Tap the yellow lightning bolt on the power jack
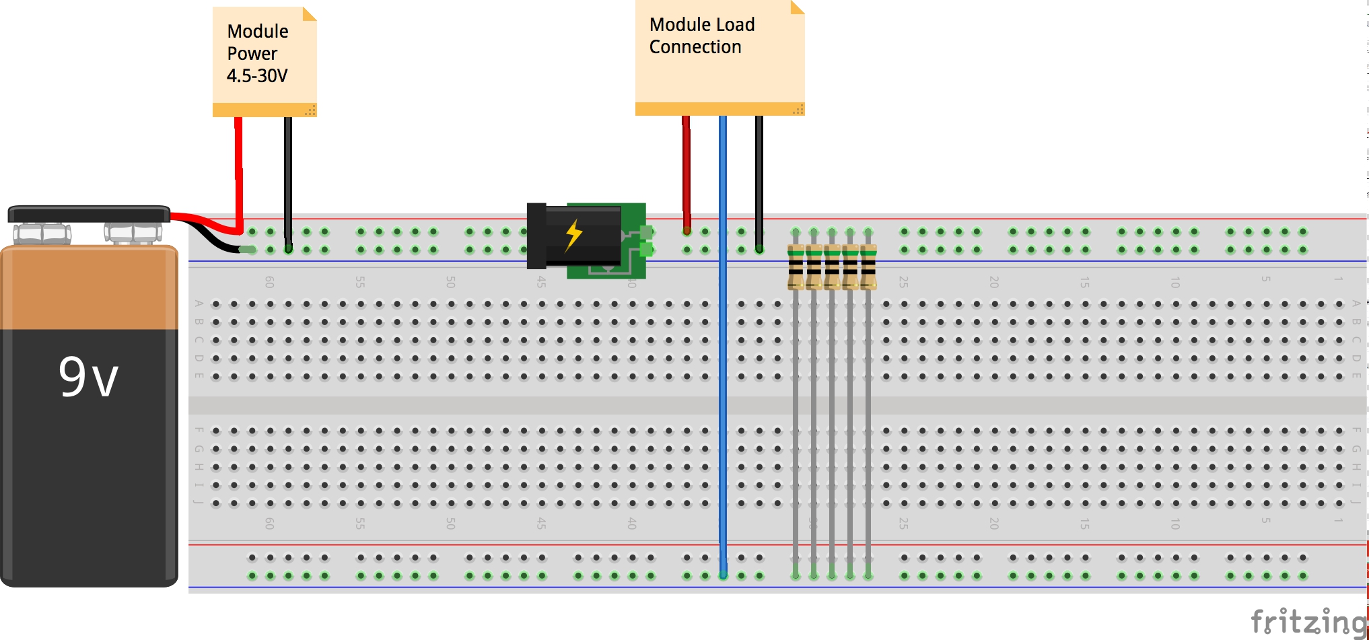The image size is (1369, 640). pyautogui.click(x=573, y=235)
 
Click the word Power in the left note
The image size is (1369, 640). pyautogui.click(x=252, y=54)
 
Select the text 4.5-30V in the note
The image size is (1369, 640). pyautogui.click(x=257, y=76)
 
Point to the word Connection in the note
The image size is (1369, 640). pyautogui.click(x=695, y=47)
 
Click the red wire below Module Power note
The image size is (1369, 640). pyautogui.click(x=238, y=168)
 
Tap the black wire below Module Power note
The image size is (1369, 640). pyautogui.click(x=288, y=175)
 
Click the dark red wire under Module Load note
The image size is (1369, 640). pyautogui.click(x=686, y=168)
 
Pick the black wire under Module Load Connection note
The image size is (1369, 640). pyautogui.click(x=759, y=175)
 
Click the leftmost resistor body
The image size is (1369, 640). pyautogui.click(x=796, y=267)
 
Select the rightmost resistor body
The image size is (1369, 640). pyautogui.click(x=868, y=267)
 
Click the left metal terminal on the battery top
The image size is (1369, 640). pyautogui.click(x=42, y=234)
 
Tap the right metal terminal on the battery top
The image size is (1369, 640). pyautogui.click(x=133, y=234)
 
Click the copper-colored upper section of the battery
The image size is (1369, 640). pyautogui.click(x=89, y=289)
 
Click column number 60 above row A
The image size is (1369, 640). pyautogui.click(x=269, y=282)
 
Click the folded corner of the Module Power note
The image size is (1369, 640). pyautogui.click(x=309, y=13)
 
